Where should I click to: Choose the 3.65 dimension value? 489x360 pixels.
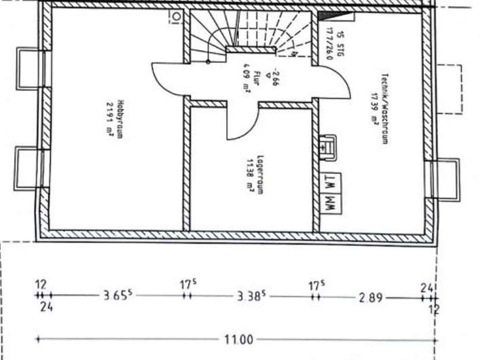coord(117,295)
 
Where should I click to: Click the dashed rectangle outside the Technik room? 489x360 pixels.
coord(449,88)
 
